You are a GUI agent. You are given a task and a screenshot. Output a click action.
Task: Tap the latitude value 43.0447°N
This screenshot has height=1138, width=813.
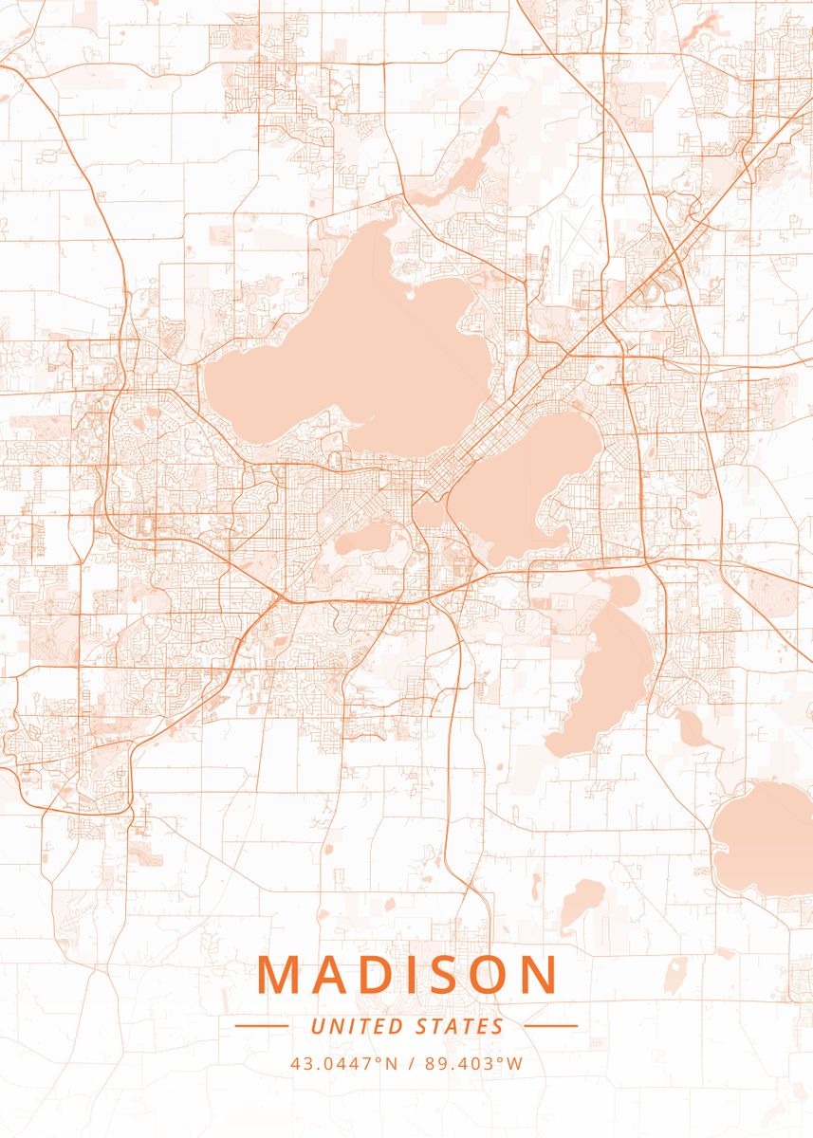click(343, 1064)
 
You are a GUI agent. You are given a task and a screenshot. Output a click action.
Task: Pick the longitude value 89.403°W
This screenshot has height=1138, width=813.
click(474, 1064)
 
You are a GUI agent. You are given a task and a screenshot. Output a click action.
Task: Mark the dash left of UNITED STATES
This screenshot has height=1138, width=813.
click(261, 1026)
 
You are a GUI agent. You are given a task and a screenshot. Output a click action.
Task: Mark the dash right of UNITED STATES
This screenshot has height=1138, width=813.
click(550, 1026)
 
